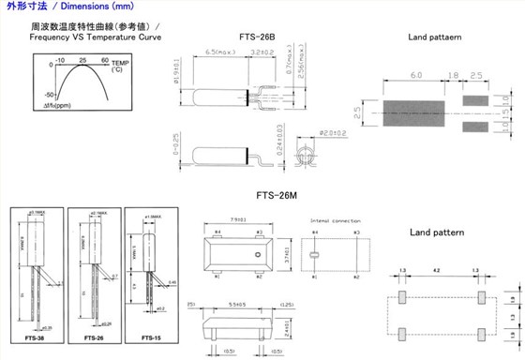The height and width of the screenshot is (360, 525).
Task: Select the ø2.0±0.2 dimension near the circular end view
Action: (x=330, y=133)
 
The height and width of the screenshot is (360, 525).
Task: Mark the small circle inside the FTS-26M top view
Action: (x=256, y=252)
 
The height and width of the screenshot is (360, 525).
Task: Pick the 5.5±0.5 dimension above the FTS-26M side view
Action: (x=238, y=305)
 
